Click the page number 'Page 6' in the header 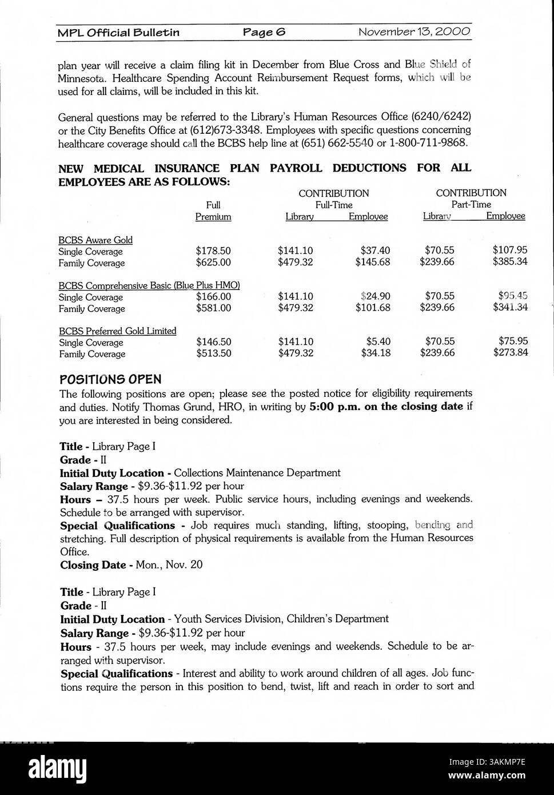coord(264,32)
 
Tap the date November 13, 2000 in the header coord(414,31)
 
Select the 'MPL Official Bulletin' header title coord(118,33)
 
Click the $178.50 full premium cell coord(213,251)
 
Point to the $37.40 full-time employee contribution coord(375,251)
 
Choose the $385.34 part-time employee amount coord(510,261)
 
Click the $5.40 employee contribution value coord(378,342)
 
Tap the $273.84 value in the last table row coord(510,352)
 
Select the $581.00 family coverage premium coord(213,308)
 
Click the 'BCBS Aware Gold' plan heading coord(95,240)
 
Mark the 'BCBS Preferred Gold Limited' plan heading coord(118,331)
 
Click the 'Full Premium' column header coord(213,211)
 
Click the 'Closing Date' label coord(93,565)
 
